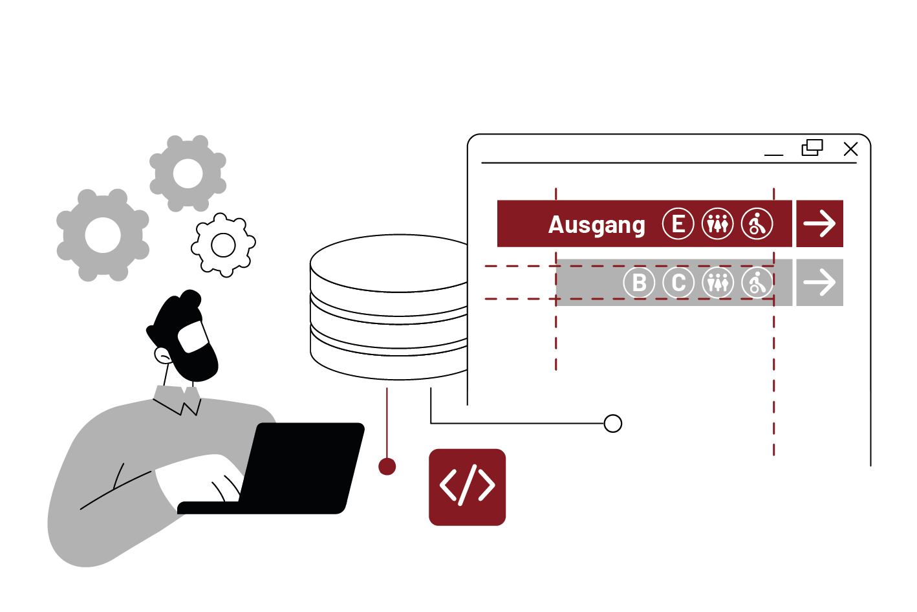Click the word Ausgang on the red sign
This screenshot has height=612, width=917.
click(596, 225)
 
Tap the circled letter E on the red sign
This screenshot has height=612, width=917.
click(678, 224)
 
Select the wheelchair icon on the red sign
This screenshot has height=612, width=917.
click(757, 224)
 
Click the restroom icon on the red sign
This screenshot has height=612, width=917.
click(717, 224)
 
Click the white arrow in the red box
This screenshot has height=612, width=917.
click(819, 224)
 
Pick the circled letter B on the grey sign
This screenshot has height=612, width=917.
click(639, 283)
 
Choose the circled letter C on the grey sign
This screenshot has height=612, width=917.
click(678, 283)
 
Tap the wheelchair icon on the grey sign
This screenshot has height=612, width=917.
click(757, 283)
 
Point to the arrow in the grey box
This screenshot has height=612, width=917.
click(819, 283)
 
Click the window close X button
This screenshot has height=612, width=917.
click(850, 149)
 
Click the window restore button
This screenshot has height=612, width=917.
click(812, 148)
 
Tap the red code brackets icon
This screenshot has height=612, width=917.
click(467, 486)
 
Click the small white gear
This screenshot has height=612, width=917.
click(223, 245)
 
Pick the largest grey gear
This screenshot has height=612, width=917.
click(103, 235)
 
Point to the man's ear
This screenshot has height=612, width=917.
click(162, 355)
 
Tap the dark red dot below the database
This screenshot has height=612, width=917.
click(387, 466)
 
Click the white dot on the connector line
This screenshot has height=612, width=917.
click(612, 424)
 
